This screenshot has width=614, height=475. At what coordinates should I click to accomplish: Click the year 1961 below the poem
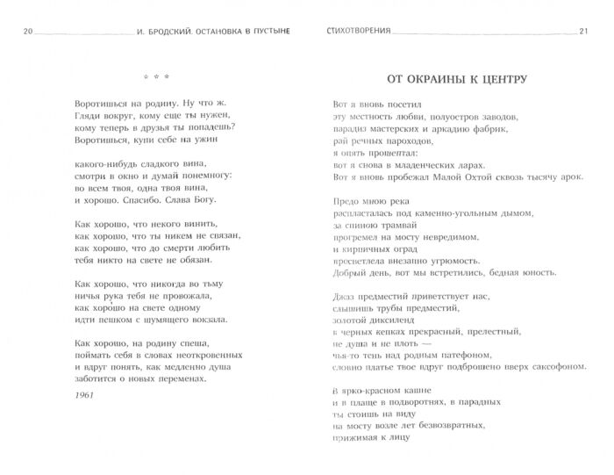click(86, 396)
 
